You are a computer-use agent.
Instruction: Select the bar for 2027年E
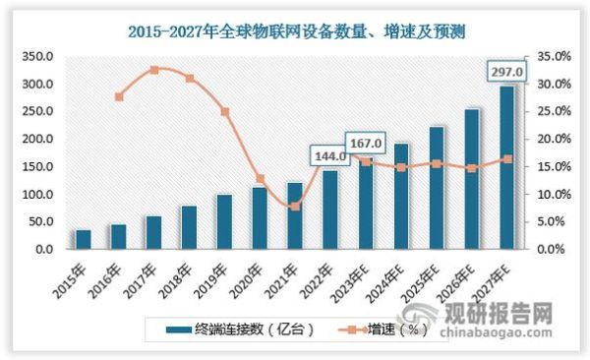(506, 167)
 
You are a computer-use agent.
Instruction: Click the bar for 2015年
(83, 239)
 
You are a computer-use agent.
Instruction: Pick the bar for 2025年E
(437, 187)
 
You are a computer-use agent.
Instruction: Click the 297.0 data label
(507, 72)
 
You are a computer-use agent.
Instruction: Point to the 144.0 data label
(330, 155)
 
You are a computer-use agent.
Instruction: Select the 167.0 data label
(366, 143)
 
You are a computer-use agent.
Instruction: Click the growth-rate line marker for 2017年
(154, 70)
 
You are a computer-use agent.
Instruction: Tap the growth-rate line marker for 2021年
(295, 207)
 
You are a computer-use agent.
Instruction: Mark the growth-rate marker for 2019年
(225, 112)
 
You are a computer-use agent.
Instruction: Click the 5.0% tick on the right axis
(547, 222)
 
